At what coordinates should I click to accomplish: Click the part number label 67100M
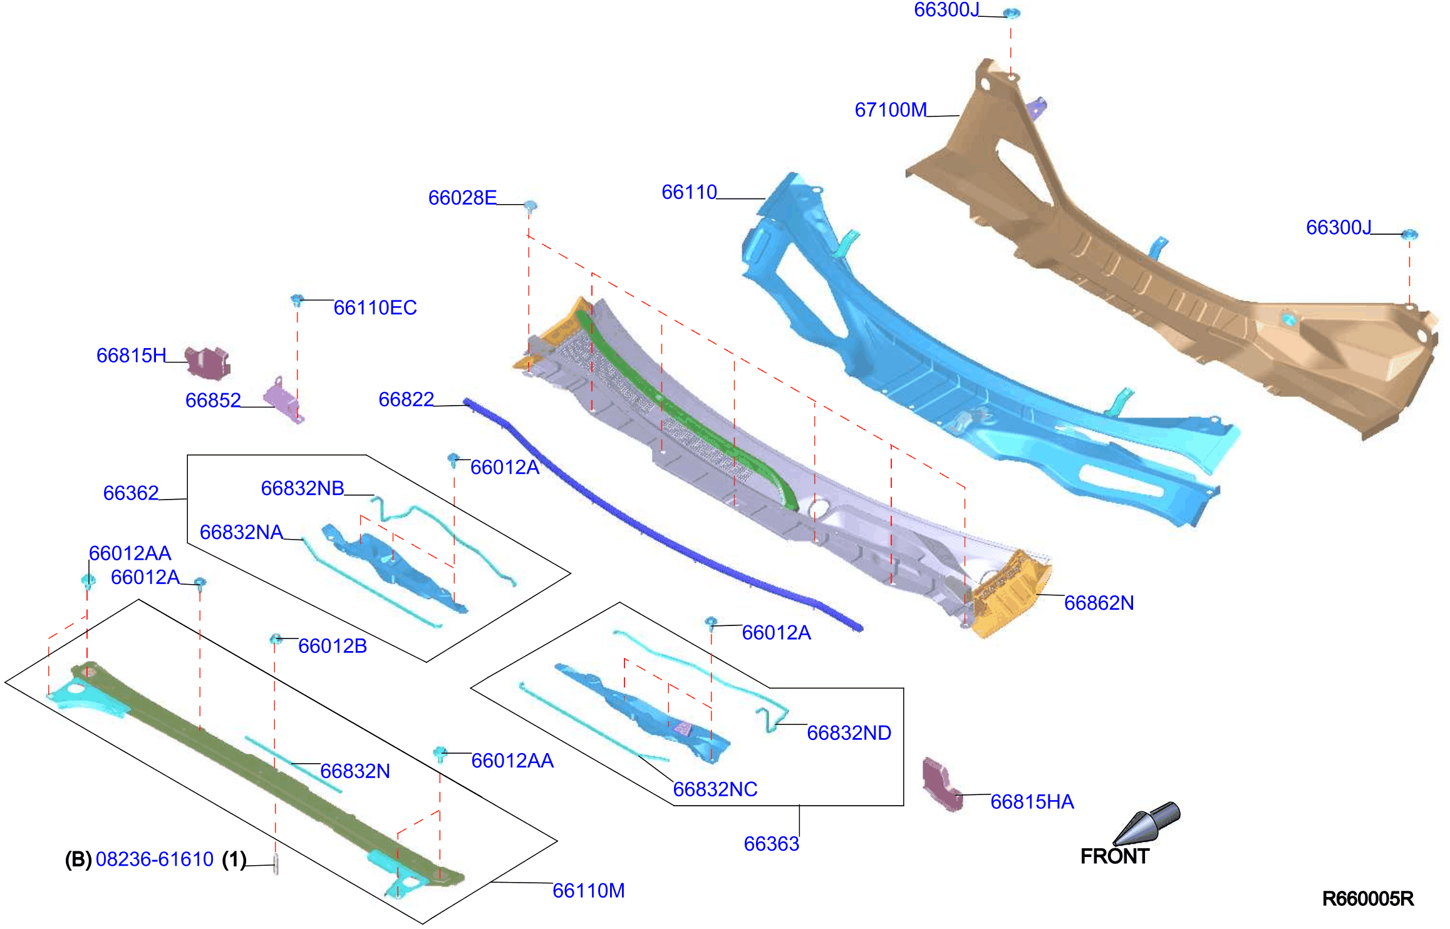click(x=890, y=110)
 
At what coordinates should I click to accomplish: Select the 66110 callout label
click(x=689, y=192)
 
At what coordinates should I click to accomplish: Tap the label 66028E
click(x=462, y=198)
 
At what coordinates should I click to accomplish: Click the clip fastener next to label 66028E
click(x=530, y=206)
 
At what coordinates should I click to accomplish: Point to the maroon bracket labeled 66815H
click(x=209, y=363)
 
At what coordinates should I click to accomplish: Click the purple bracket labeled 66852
click(x=282, y=399)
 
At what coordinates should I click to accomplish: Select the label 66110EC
click(x=375, y=308)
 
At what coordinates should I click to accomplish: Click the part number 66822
click(x=406, y=399)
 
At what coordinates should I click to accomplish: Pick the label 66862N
click(x=1099, y=603)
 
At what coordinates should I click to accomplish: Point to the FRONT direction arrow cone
click(x=1147, y=823)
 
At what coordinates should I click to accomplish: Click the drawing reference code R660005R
click(x=1368, y=899)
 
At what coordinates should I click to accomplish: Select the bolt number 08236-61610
click(x=155, y=860)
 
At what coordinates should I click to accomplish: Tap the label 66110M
click(x=588, y=891)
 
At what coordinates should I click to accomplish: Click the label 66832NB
click(x=303, y=488)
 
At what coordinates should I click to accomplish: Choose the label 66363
click(x=771, y=844)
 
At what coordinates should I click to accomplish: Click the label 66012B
click(x=333, y=646)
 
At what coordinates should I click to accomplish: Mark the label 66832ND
click(x=849, y=733)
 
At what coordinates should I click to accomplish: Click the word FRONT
click(x=1115, y=856)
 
